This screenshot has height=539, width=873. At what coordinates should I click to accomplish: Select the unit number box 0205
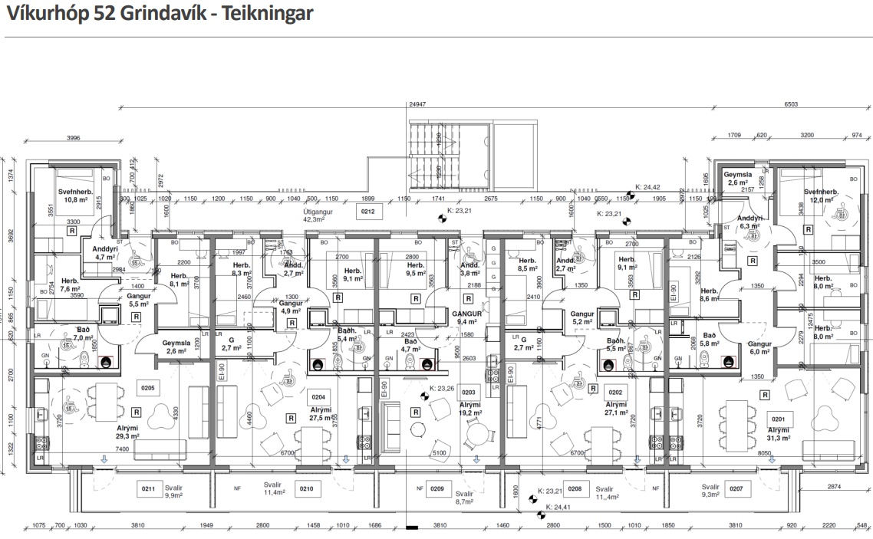[x=148, y=388]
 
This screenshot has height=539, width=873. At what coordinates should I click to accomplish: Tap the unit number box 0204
[x=318, y=397]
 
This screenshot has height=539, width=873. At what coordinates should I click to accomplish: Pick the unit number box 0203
[x=468, y=393]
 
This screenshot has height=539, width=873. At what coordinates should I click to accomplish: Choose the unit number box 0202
[x=615, y=391]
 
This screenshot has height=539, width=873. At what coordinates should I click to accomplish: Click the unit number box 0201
[x=779, y=419]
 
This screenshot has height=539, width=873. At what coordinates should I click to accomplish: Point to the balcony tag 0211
[x=149, y=488]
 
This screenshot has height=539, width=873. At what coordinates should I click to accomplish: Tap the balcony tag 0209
[x=436, y=488]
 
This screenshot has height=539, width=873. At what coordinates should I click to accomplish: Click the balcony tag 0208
[x=575, y=488]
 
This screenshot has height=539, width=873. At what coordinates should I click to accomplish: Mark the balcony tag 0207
[x=736, y=488]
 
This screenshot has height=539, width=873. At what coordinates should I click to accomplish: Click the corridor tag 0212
[x=367, y=212]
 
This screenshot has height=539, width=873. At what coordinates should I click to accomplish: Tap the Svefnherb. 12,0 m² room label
[x=822, y=196]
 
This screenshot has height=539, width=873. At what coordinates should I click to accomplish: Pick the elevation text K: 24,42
[x=648, y=186]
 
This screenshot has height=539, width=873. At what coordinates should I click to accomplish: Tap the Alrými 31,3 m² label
[x=783, y=435]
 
